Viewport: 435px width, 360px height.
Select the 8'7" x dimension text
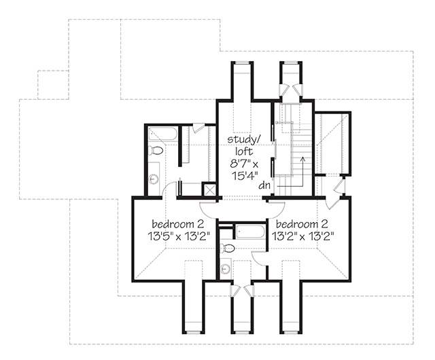point(245,163)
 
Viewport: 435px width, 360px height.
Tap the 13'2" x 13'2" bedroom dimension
point(306,236)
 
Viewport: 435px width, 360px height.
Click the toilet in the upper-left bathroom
point(156,151)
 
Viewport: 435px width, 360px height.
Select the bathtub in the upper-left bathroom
point(164,133)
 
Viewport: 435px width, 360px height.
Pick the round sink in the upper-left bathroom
point(154,179)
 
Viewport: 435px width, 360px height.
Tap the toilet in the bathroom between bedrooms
point(228,249)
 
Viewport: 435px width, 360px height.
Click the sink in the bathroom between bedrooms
point(226,269)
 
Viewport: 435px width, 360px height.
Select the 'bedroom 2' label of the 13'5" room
point(175,224)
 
